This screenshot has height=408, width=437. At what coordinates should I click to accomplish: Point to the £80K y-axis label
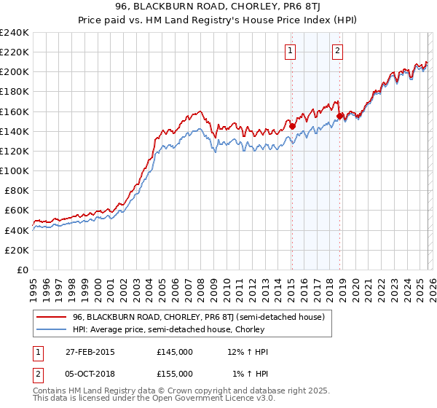click(15, 190)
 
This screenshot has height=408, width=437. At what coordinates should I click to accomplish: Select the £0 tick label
click(22, 270)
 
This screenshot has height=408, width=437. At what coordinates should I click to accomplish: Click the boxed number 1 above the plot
click(291, 51)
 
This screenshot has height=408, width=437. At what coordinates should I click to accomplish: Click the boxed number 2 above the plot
click(338, 51)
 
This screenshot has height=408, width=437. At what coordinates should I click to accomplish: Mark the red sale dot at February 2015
click(292, 125)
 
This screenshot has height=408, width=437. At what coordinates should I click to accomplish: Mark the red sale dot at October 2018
click(340, 116)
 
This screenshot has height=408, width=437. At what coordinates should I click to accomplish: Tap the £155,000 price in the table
click(174, 373)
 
